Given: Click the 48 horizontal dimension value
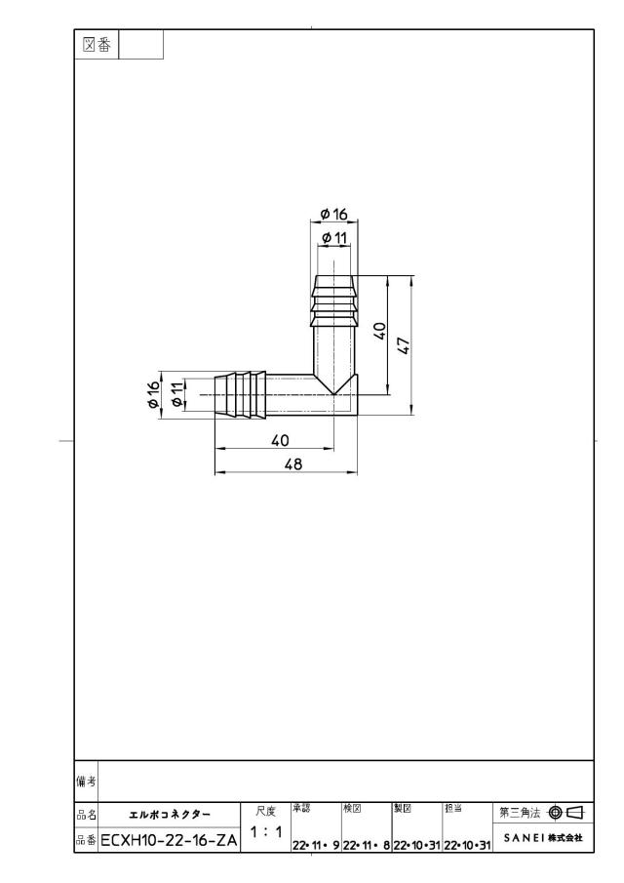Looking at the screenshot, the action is pos(293,463).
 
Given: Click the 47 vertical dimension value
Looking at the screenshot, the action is pos(405,345).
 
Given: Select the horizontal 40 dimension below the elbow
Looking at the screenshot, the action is pos(280,440).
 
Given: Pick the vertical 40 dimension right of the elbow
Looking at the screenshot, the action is pos(380,331).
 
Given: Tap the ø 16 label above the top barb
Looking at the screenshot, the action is pos(334,215).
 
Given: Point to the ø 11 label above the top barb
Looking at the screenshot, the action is pos(334,238).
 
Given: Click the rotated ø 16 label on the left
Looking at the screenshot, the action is pos(152,395).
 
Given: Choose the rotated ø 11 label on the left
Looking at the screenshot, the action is pos(177,394).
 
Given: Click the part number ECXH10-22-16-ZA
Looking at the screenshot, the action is pos(169,841).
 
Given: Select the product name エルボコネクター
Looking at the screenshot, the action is pos(170,815).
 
